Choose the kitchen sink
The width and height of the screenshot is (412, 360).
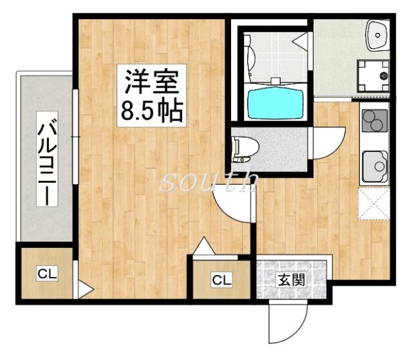375,166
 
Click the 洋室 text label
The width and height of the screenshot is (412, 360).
152,83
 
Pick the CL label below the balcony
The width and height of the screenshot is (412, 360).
46,274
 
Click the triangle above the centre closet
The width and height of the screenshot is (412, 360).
203,246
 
